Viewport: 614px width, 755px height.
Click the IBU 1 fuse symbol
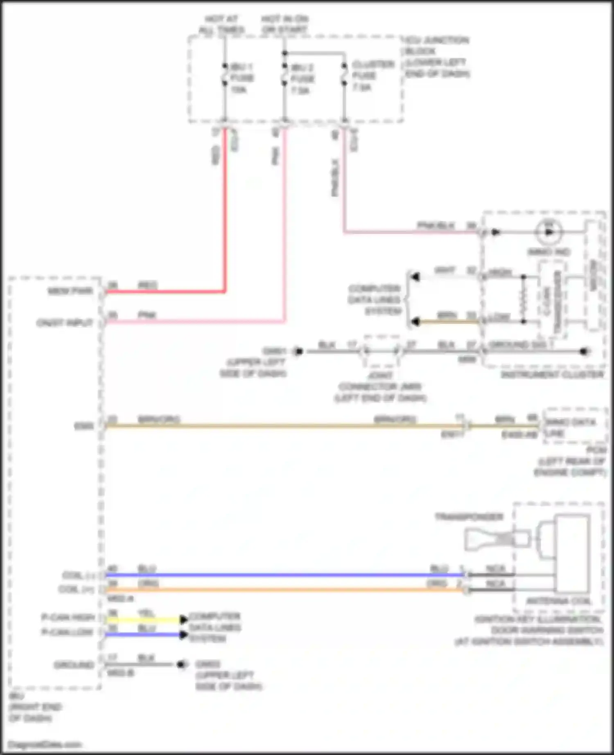[x=224, y=75]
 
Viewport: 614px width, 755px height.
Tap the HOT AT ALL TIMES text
[x=221, y=25]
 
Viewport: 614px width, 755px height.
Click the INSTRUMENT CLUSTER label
[x=553, y=375]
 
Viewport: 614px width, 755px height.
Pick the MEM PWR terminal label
[x=71, y=291]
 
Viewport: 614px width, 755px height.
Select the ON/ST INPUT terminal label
[x=65, y=323]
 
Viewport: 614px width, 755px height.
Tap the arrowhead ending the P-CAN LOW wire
[x=184, y=635]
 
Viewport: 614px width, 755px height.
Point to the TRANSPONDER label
[x=469, y=517]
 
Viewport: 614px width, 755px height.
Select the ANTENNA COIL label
[x=559, y=601]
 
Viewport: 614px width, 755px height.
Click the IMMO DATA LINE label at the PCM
[x=571, y=427]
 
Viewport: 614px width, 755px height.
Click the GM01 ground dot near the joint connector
[x=299, y=351]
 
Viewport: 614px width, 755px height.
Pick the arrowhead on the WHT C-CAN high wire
[x=415, y=277]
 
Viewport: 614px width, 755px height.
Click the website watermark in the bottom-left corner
[x=45, y=744]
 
